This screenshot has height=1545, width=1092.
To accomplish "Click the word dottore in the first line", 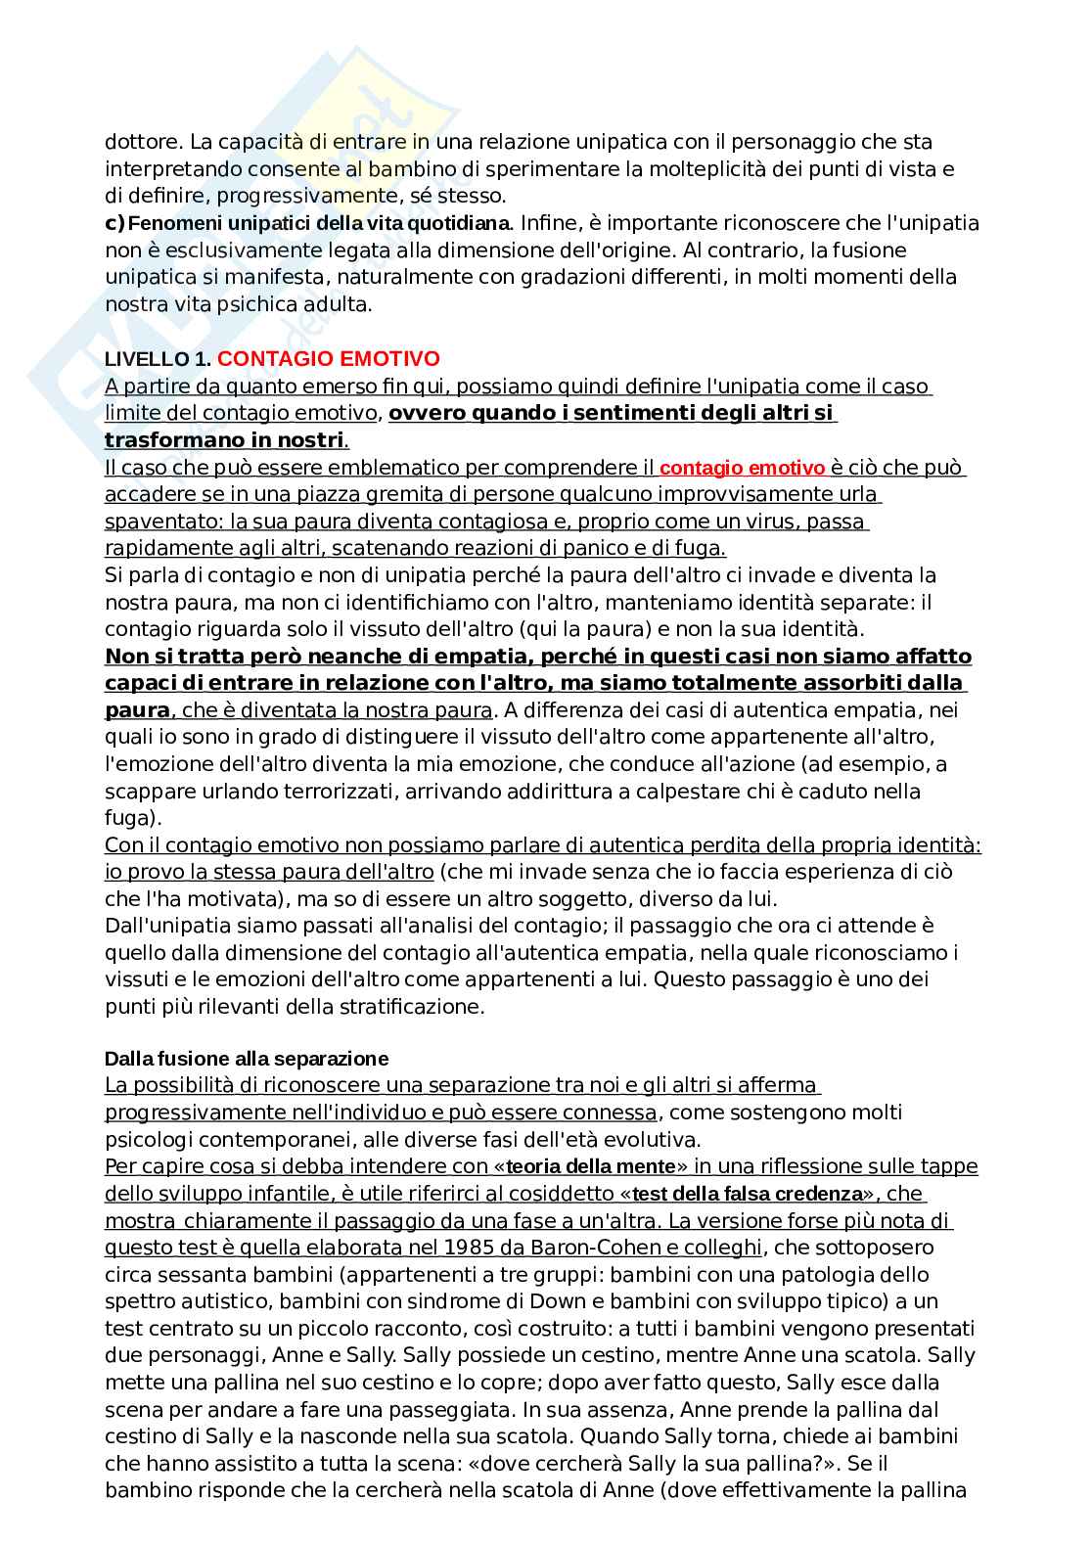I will (x=138, y=142).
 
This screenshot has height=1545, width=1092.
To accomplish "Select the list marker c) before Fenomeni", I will (x=114, y=223).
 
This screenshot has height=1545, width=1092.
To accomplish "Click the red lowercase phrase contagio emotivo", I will (x=743, y=468).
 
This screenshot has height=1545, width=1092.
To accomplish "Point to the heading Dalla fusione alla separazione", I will (x=246, y=1059).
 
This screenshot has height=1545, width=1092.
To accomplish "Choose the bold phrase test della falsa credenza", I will (x=750, y=1194).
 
